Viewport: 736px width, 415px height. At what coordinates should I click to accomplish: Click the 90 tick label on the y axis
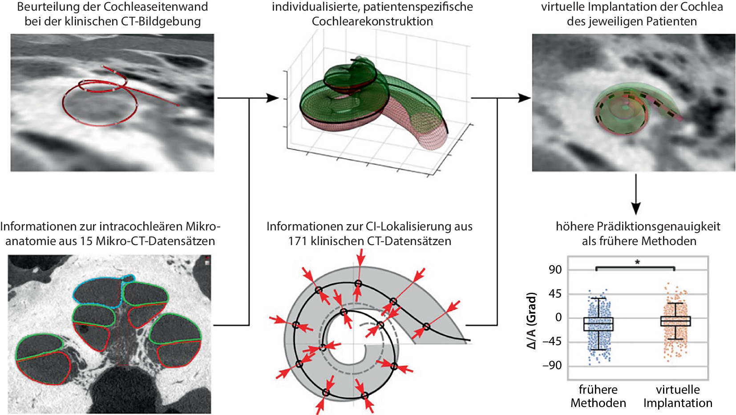(555, 270)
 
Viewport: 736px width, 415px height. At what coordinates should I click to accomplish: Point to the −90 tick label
(552, 366)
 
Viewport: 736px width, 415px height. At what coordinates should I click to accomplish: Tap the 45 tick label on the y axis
(555, 294)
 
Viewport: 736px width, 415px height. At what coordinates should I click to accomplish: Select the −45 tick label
(552, 342)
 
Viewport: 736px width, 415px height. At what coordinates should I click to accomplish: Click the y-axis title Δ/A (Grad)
(531, 320)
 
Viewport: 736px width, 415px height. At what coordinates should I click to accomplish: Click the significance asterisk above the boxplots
(637, 262)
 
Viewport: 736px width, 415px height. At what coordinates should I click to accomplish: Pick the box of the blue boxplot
(599, 324)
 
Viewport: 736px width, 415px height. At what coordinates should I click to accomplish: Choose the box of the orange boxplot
(675, 321)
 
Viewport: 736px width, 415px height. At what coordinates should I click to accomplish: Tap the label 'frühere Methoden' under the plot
(598, 396)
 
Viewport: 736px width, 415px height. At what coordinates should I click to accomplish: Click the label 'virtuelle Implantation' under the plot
(678, 396)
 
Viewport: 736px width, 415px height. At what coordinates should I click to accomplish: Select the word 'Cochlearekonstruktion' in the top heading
(372, 21)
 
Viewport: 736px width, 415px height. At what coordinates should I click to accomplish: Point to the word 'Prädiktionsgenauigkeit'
(658, 226)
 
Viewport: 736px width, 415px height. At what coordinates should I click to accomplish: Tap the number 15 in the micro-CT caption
(86, 241)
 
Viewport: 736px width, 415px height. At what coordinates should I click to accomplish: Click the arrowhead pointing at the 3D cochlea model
(272, 98)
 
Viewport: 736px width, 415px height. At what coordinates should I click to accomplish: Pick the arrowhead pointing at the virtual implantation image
(525, 98)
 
